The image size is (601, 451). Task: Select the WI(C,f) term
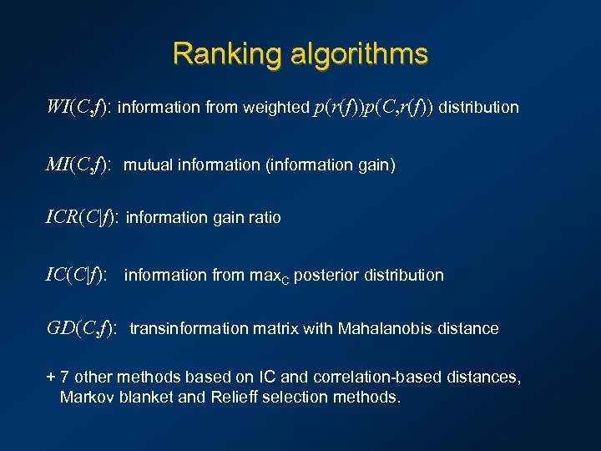coord(80,107)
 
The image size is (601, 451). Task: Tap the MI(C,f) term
coord(80,165)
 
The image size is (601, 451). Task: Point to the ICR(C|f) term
coord(83,217)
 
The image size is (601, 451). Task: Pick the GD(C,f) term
coord(82,328)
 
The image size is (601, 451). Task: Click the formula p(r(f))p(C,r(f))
coord(373,107)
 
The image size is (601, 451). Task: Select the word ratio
coord(265,218)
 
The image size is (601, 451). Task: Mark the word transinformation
coord(188,328)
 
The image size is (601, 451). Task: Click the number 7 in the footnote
coord(63,378)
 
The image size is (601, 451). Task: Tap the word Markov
coord(85,397)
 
